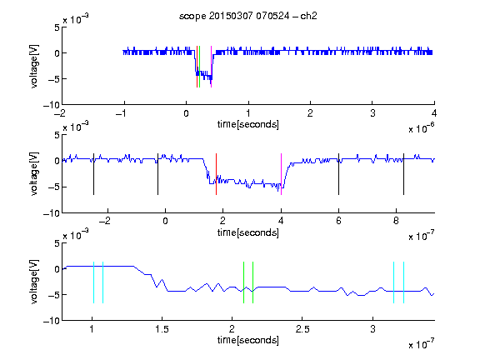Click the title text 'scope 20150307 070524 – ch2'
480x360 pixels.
click(x=248, y=16)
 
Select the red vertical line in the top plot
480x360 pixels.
click(x=197, y=67)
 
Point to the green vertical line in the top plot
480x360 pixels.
click(x=200, y=67)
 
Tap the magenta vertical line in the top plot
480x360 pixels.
click(x=211, y=67)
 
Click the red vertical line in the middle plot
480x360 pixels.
click(x=216, y=174)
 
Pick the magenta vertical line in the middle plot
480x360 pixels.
click(x=281, y=174)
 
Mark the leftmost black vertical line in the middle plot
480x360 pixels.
click(x=93, y=174)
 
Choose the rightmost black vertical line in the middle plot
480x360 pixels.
click(x=403, y=174)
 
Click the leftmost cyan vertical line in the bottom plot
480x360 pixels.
click(x=93, y=282)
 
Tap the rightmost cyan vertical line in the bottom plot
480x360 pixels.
click(x=404, y=282)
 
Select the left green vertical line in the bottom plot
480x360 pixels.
click(x=243, y=282)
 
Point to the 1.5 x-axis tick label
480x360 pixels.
click(x=162, y=329)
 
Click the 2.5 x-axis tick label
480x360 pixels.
click(x=302, y=329)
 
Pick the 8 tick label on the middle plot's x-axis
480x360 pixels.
click(x=396, y=221)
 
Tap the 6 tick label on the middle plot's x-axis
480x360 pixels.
click(x=338, y=221)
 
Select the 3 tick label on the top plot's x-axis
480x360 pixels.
click(x=372, y=113)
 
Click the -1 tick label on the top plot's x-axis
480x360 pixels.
click(x=122, y=113)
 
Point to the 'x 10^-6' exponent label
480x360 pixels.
click(x=422, y=128)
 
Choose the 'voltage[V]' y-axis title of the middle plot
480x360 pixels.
click(x=34, y=174)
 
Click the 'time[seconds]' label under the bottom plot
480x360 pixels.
click(x=248, y=340)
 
